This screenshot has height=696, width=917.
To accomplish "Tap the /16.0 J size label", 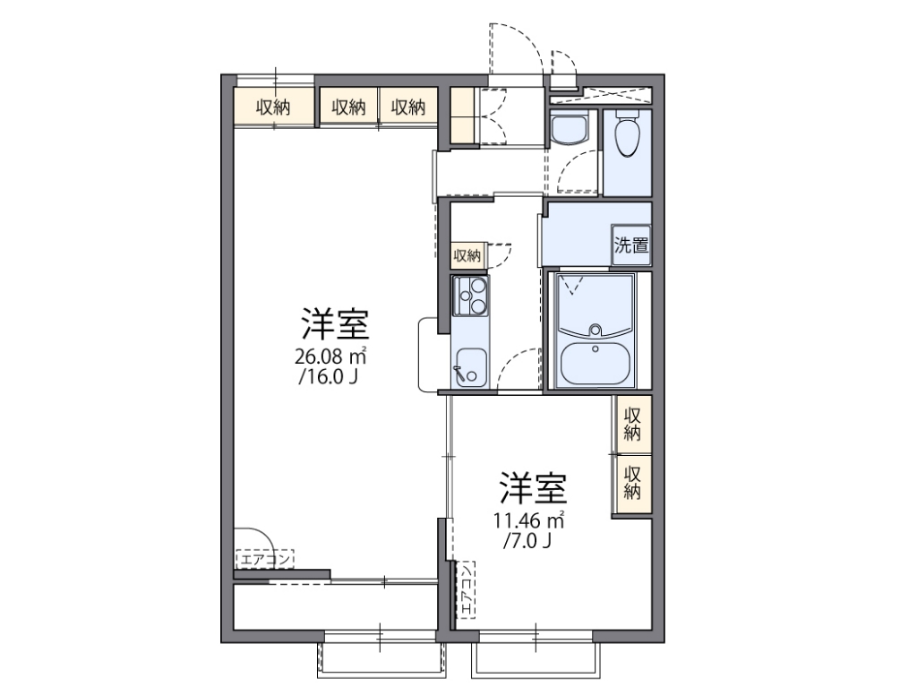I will [x=330, y=377].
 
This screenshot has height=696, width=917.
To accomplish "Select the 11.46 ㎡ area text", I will [x=528, y=520].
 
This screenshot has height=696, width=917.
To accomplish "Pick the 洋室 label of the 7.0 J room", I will [x=532, y=489].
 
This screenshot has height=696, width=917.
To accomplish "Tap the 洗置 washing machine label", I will [x=630, y=245].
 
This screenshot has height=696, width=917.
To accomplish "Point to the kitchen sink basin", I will [x=470, y=366].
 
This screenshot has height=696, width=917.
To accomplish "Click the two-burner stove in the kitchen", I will [x=470, y=296].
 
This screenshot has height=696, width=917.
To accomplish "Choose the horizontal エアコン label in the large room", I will [x=264, y=560].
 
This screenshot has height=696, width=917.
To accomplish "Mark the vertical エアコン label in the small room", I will [x=467, y=590].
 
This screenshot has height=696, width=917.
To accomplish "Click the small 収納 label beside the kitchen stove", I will [x=467, y=256].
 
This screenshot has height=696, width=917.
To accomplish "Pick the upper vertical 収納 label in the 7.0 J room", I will [x=632, y=424].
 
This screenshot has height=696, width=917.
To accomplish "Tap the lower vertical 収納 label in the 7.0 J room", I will [x=632, y=481].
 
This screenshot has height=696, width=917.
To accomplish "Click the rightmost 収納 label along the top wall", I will [x=407, y=107].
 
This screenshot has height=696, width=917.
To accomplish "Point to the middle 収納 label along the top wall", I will [x=349, y=107].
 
